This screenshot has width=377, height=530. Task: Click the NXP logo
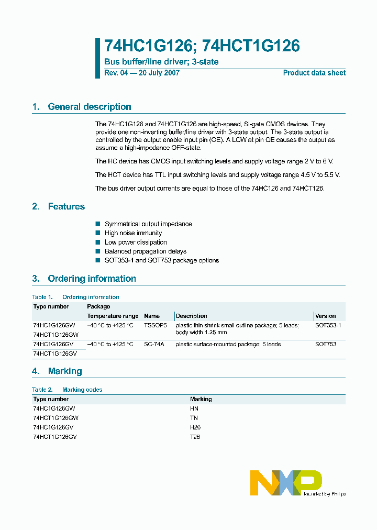tap(286, 482)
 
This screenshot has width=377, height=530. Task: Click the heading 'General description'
tap(89, 107)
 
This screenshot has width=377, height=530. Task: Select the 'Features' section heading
tap(66, 206)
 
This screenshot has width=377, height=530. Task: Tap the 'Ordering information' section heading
tap(92, 279)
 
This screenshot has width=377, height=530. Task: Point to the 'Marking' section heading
tap(65, 371)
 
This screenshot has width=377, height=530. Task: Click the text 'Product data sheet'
tap(314, 73)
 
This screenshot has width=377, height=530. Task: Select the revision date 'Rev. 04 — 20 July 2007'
tap(142, 73)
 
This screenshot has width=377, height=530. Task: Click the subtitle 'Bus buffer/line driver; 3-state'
tap(161, 62)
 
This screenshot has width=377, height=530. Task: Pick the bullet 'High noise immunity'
tap(133, 233)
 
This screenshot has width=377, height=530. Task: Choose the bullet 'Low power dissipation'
tap(136, 242)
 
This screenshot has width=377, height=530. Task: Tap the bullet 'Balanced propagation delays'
tap(145, 251)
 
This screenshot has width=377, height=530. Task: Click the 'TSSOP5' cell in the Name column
tap(154, 325)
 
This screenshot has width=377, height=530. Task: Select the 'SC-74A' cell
tap(154, 344)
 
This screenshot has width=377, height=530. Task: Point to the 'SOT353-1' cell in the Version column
tap(328, 325)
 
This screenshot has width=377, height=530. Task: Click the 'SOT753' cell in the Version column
tap(326, 344)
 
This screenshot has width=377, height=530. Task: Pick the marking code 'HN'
tap(194, 408)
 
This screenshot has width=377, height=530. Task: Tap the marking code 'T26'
tap(195, 436)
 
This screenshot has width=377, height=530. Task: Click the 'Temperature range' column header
tap(113, 316)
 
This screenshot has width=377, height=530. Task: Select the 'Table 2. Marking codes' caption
tap(67, 390)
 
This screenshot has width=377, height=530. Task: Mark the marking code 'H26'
tap(195, 427)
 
